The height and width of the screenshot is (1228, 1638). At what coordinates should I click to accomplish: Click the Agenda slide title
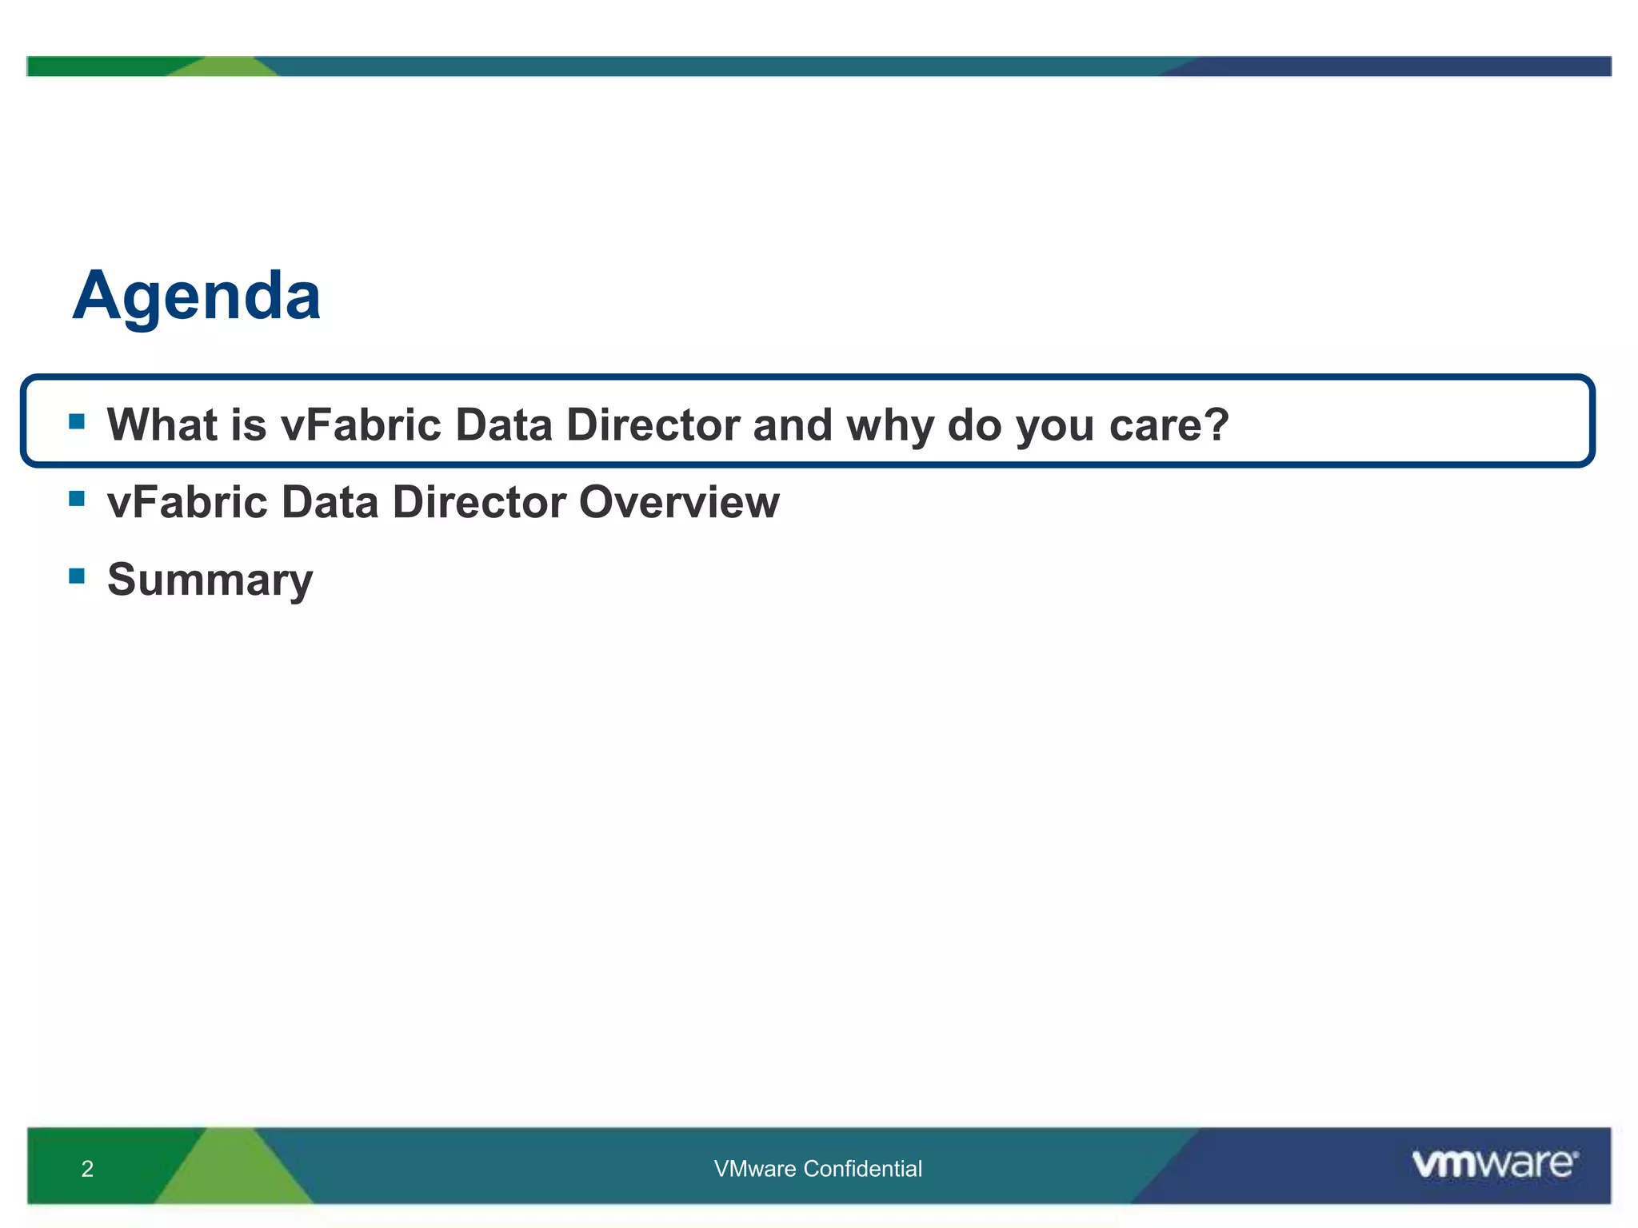point(197,297)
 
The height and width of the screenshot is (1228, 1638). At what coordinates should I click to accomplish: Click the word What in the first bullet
point(162,425)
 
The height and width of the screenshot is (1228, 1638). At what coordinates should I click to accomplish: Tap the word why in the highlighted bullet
point(889,426)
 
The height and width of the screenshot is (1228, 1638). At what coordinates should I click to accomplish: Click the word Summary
point(210,580)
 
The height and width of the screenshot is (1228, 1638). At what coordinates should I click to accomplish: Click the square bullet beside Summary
point(77,576)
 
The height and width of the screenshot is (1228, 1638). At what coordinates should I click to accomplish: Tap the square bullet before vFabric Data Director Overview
point(77,499)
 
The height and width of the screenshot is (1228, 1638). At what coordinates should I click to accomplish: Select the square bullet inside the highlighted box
point(77,421)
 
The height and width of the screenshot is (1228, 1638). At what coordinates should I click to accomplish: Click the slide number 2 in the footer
point(87,1169)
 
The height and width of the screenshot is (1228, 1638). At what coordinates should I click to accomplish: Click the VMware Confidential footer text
point(817,1169)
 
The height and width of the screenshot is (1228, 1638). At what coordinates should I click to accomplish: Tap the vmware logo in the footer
point(1494,1163)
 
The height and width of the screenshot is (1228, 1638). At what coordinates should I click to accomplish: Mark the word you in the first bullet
point(1055,426)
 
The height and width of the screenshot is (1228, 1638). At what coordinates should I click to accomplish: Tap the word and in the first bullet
point(792,425)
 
